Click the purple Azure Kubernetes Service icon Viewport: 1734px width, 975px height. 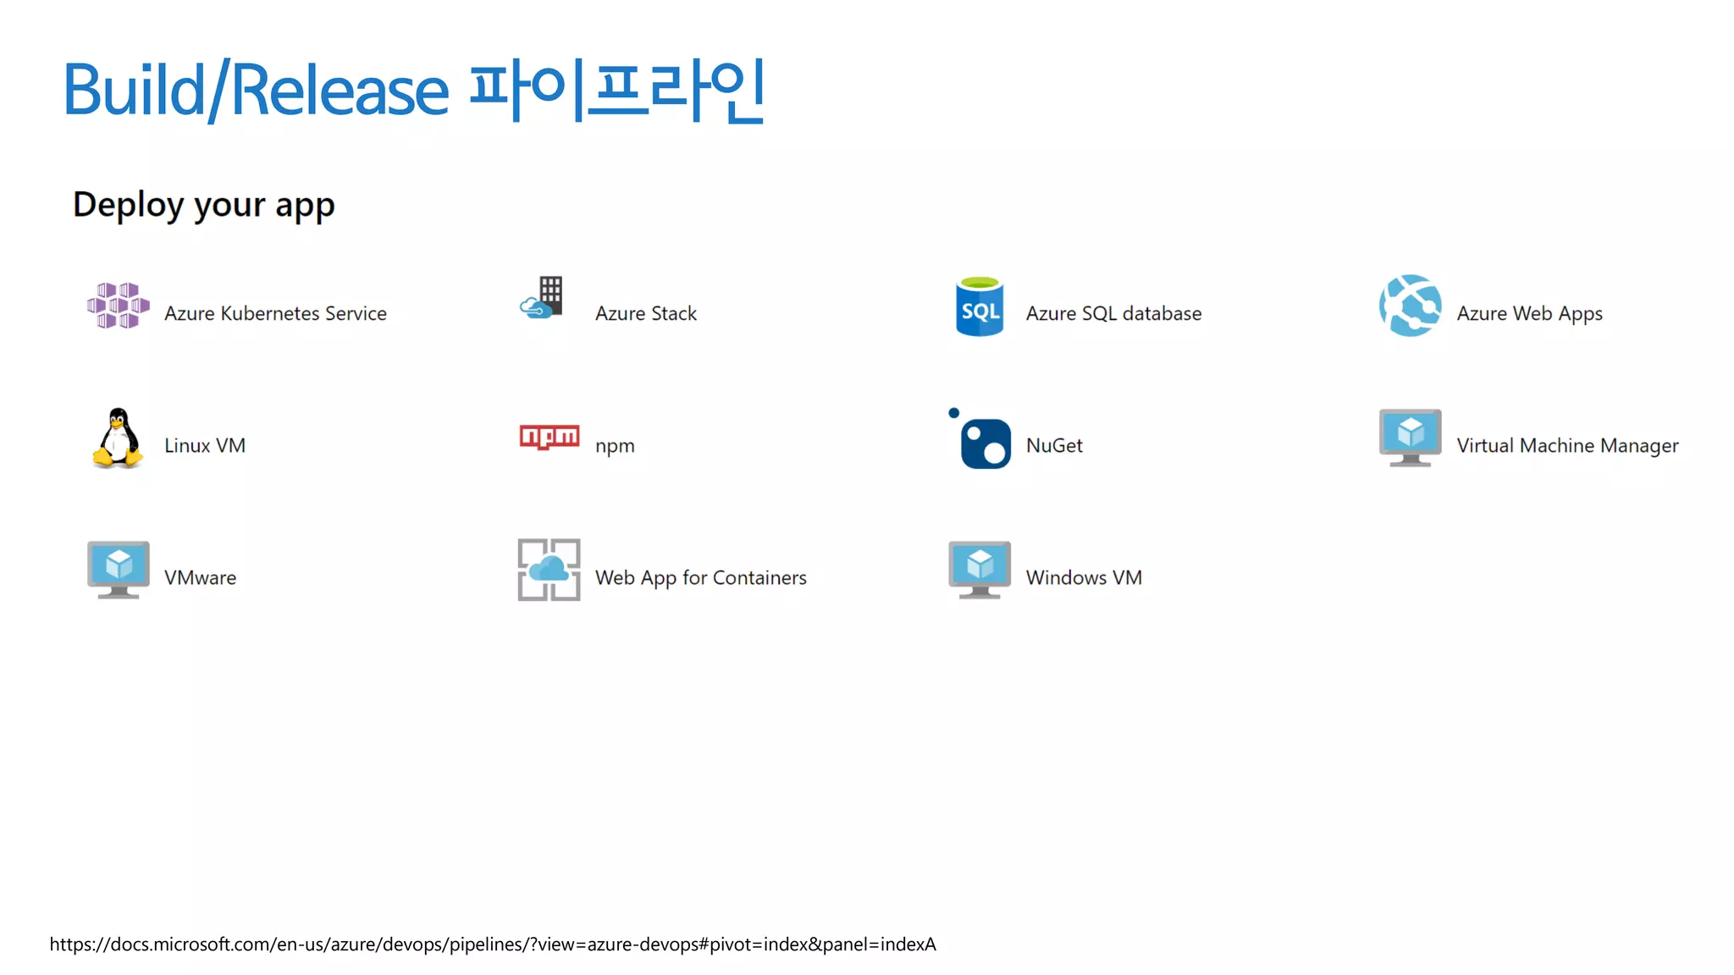click(119, 306)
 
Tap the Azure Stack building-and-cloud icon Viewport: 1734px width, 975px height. click(543, 298)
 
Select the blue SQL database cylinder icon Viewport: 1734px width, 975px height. click(980, 306)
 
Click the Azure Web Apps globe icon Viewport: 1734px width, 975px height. click(1410, 306)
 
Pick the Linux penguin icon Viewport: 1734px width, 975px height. click(118, 438)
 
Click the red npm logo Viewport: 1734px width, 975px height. click(549, 437)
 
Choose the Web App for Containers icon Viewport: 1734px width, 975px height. click(549, 570)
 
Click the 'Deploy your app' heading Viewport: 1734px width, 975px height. click(204, 205)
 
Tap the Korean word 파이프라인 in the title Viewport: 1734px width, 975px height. click(617, 90)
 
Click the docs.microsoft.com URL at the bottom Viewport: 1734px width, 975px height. click(493, 945)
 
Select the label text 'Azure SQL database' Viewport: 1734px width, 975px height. click(1113, 314)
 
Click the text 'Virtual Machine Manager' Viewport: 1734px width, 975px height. click(1567, 446)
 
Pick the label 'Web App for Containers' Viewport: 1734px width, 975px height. click(700, 578)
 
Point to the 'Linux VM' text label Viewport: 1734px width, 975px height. click(205, 446)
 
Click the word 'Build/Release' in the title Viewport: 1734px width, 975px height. click(256, 90)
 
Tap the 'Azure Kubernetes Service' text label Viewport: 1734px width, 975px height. click(275, 314)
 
